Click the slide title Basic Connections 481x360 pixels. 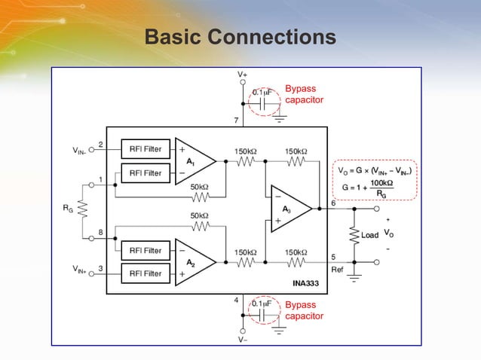(240, 37)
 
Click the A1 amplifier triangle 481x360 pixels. (191, 160)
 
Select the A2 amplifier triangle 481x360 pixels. (191, 262)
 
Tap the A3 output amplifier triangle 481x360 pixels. (288, 209)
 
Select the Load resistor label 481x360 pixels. (369, 235)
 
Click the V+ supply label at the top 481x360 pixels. (242, 75)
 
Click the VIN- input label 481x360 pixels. (82, 151)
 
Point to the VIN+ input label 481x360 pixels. (82, 269)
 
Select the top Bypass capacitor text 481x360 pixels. (305, 94)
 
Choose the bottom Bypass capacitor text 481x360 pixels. (305, 310)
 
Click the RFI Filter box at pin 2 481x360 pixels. (146, 149)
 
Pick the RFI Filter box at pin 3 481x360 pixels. (146, 273)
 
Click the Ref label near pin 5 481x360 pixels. (338, 269)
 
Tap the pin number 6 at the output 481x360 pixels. (334, 203)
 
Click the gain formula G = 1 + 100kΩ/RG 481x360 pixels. (374, 188)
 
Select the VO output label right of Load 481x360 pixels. (388, 233)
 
